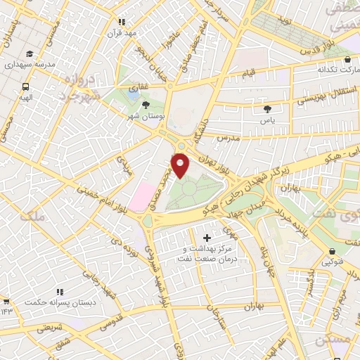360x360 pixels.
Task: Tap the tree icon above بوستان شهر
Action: [146, 105]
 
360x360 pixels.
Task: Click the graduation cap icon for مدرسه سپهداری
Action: [29, 54]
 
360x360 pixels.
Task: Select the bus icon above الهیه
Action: [25, 86]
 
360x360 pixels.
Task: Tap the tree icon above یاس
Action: [267, 109]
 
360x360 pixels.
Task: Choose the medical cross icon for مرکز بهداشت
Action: [206, 238]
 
